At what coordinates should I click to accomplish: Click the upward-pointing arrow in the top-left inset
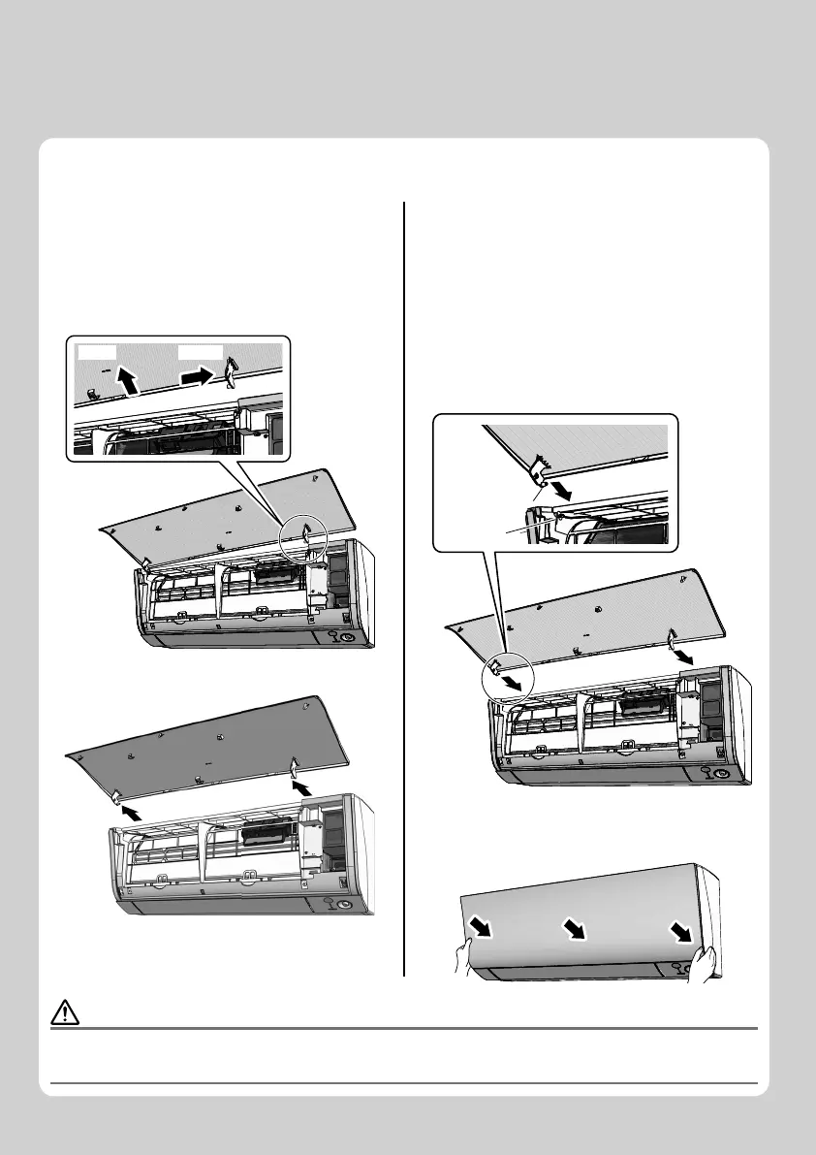pyautogui.click(x=125, y=378)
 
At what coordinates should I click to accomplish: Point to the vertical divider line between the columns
pyautogui.click(x=402, y=582)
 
